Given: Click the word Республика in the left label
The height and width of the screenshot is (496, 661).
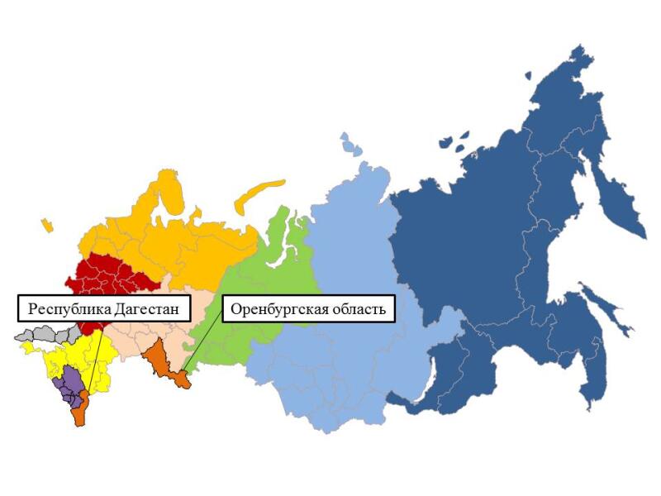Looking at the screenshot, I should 65,310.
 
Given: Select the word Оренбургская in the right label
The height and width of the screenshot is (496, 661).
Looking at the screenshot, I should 276,310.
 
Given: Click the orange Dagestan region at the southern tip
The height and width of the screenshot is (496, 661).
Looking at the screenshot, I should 80,413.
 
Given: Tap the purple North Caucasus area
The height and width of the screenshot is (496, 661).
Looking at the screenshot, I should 70,384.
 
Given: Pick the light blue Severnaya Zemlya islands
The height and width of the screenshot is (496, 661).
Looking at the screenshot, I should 350,145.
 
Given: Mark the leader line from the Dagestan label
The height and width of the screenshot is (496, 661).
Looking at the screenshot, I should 93,364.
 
